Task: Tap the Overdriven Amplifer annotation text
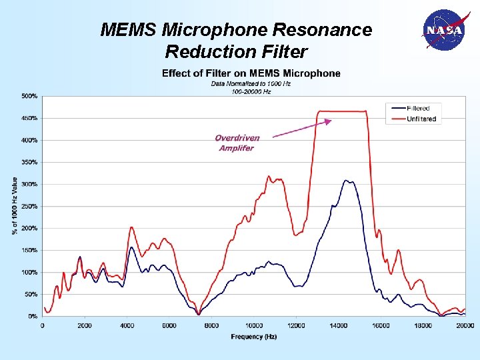(237, 143)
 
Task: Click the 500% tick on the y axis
(29, 96)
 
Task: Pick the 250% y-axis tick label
(29, 206)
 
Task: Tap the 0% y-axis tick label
(32, 316)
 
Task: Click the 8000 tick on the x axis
(211, 325)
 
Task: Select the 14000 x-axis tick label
(338, 325)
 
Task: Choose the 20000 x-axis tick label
(465, 325)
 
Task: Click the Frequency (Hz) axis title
(253, 337)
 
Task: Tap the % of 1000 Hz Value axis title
(15, 205)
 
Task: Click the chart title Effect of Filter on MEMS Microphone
(251, 73)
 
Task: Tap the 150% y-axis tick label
(29, 250)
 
